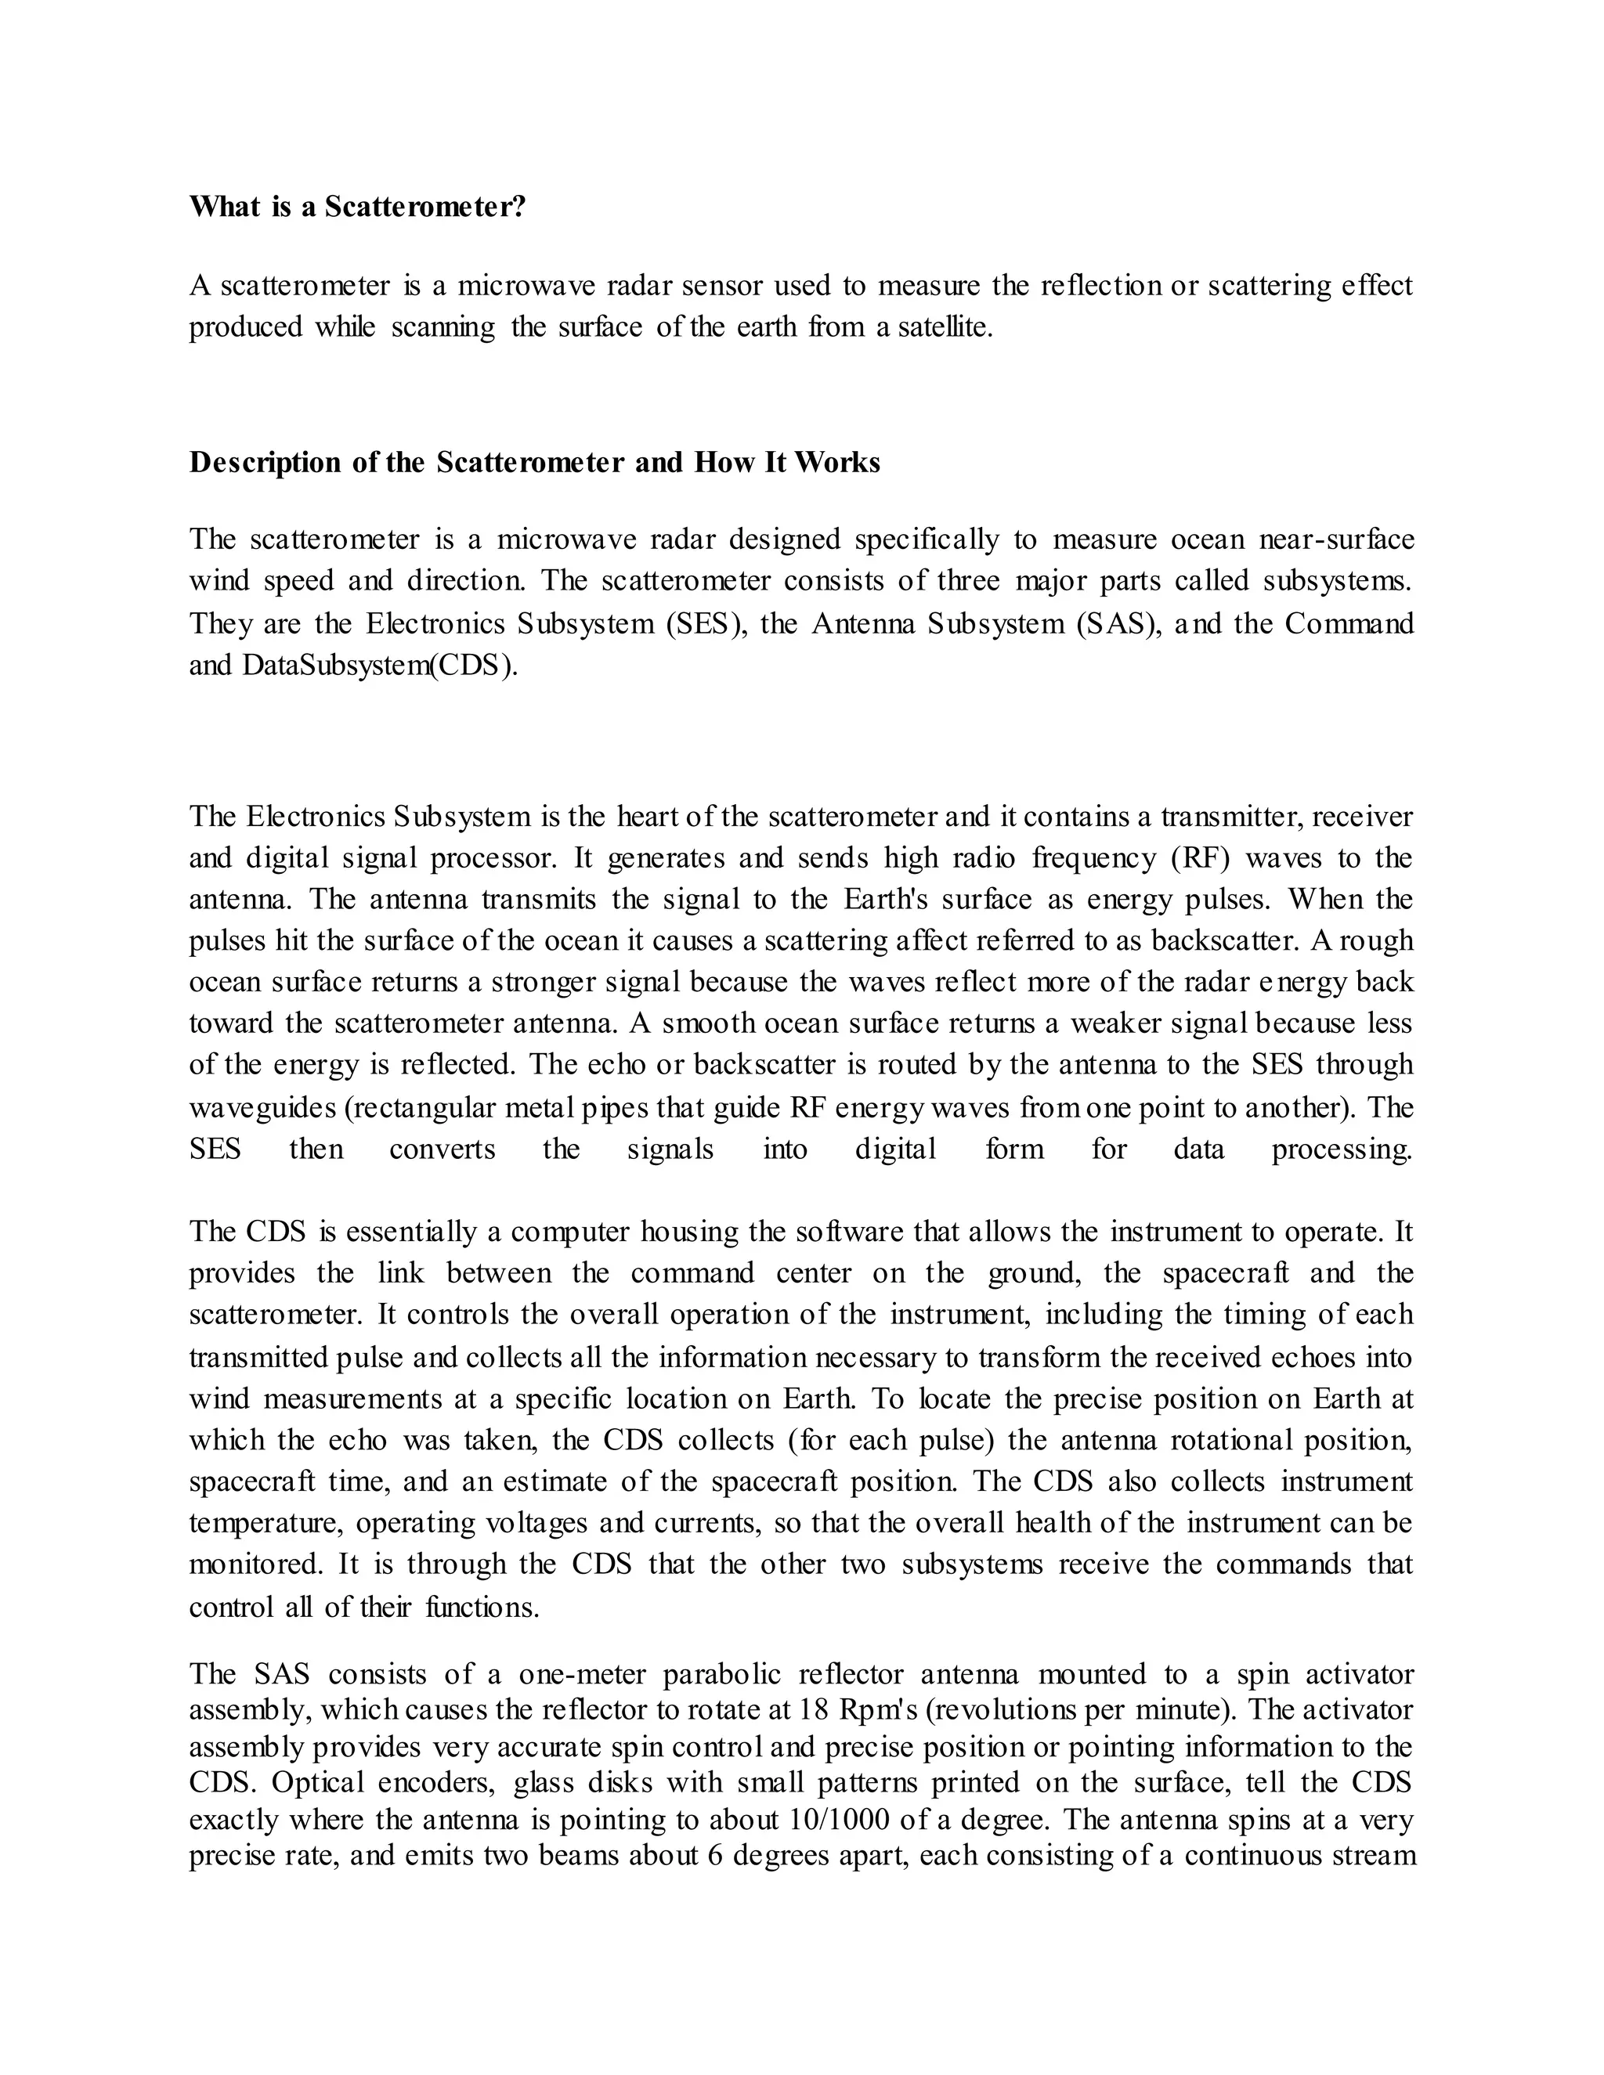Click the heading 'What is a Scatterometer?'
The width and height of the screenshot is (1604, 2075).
pyautogui.click(x=357, y=207)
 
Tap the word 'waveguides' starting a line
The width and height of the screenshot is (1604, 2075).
pyautogui.click(x=258, y=1108)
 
